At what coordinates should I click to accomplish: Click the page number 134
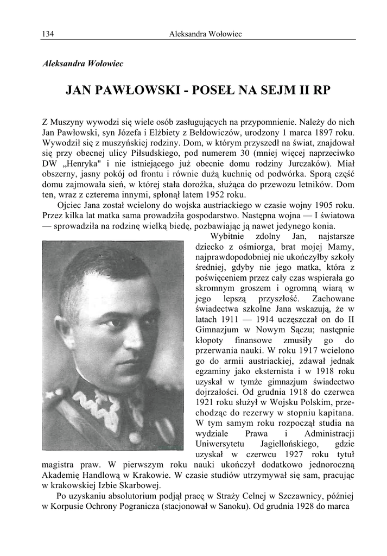[x=47, y=34]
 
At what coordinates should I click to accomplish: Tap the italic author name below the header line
[x=83, y=64]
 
